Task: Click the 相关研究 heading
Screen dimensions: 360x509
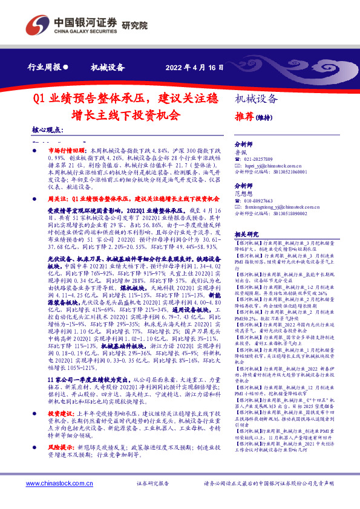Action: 247,234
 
